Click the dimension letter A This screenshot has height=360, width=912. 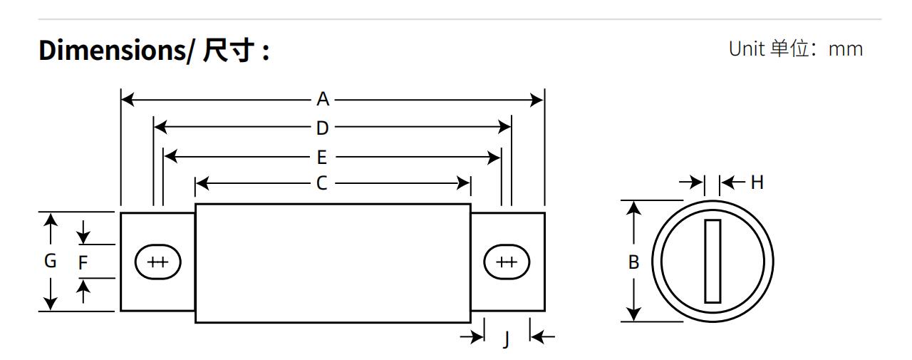click(x=323, y=99)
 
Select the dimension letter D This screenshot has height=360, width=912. click(x=323, y=128)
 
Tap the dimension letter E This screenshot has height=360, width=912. click(x=322, y=156)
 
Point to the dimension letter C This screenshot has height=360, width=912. click(x=322, y=183)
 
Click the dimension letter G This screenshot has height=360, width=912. click(x=50, y=261)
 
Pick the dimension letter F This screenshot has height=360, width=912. click(x=83, y=262)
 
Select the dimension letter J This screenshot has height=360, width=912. click(x=507, y=340)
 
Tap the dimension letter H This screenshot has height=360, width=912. click(x=757, y=182)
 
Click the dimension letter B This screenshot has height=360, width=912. click(x=633, y=262)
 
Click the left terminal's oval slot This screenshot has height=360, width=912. click(x=157, y=262)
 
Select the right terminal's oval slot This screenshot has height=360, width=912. click(x=507, y=262)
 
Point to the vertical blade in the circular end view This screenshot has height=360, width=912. click(x=712, y=261)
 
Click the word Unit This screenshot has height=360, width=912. click(x=746, y=49)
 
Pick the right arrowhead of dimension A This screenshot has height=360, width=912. click(x=537, y=100)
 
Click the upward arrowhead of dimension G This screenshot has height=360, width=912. click(x=50, y=219)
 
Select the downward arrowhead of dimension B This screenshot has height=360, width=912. click(x=633, y=314)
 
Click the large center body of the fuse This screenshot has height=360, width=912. click(x=333, y=262)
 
